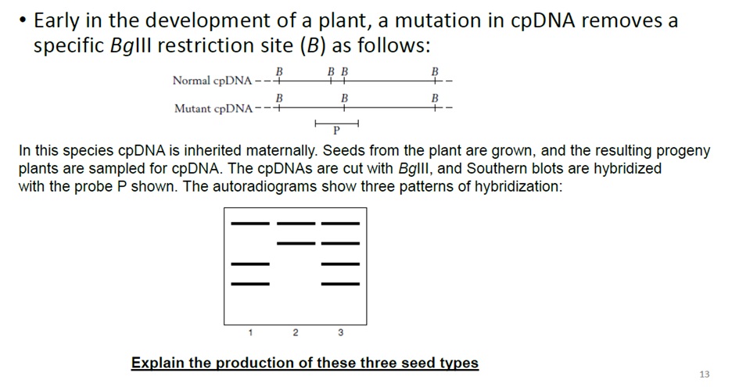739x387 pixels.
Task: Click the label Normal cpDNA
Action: [212, 81]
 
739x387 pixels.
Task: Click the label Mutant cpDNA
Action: [213, 109]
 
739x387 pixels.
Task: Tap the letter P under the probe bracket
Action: [336, 129]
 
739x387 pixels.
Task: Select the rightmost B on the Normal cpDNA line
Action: [436, 72]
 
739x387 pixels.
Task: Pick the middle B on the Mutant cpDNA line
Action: [344, 99]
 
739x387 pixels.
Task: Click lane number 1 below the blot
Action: [250, 333]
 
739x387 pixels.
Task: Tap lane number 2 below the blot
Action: [295, 333]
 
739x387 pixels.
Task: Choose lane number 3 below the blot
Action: [340, 333]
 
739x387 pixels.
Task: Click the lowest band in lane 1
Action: [250, 283]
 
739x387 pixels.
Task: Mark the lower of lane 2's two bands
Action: [295, 242]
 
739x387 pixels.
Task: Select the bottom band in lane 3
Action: [340, 283]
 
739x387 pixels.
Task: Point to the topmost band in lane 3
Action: [340, 224]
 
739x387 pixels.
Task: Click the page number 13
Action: [705, 374]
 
